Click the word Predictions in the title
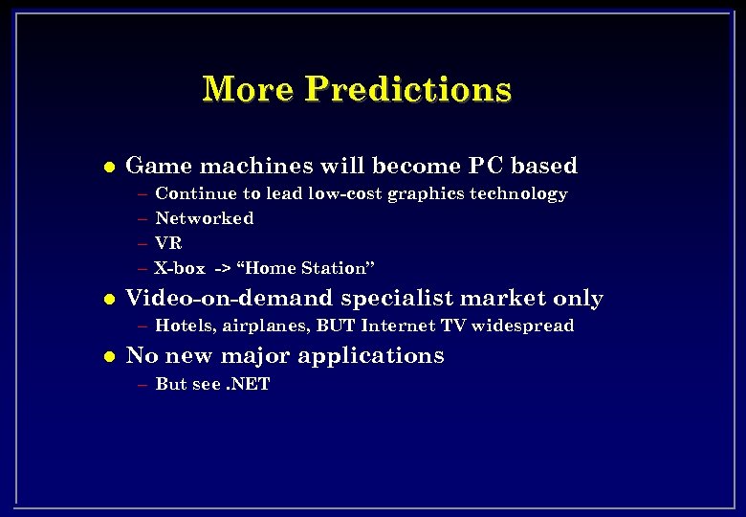(408, 89)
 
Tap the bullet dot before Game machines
(108, 167)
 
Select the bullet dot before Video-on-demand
(108, 300)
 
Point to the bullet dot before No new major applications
(108, 357)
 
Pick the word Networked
(204, 218)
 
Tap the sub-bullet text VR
(168, 243)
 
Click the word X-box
(180, 268)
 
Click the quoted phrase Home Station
(306, 268)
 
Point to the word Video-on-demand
(230, 299)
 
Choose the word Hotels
(186, 326)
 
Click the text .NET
(248, 384)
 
